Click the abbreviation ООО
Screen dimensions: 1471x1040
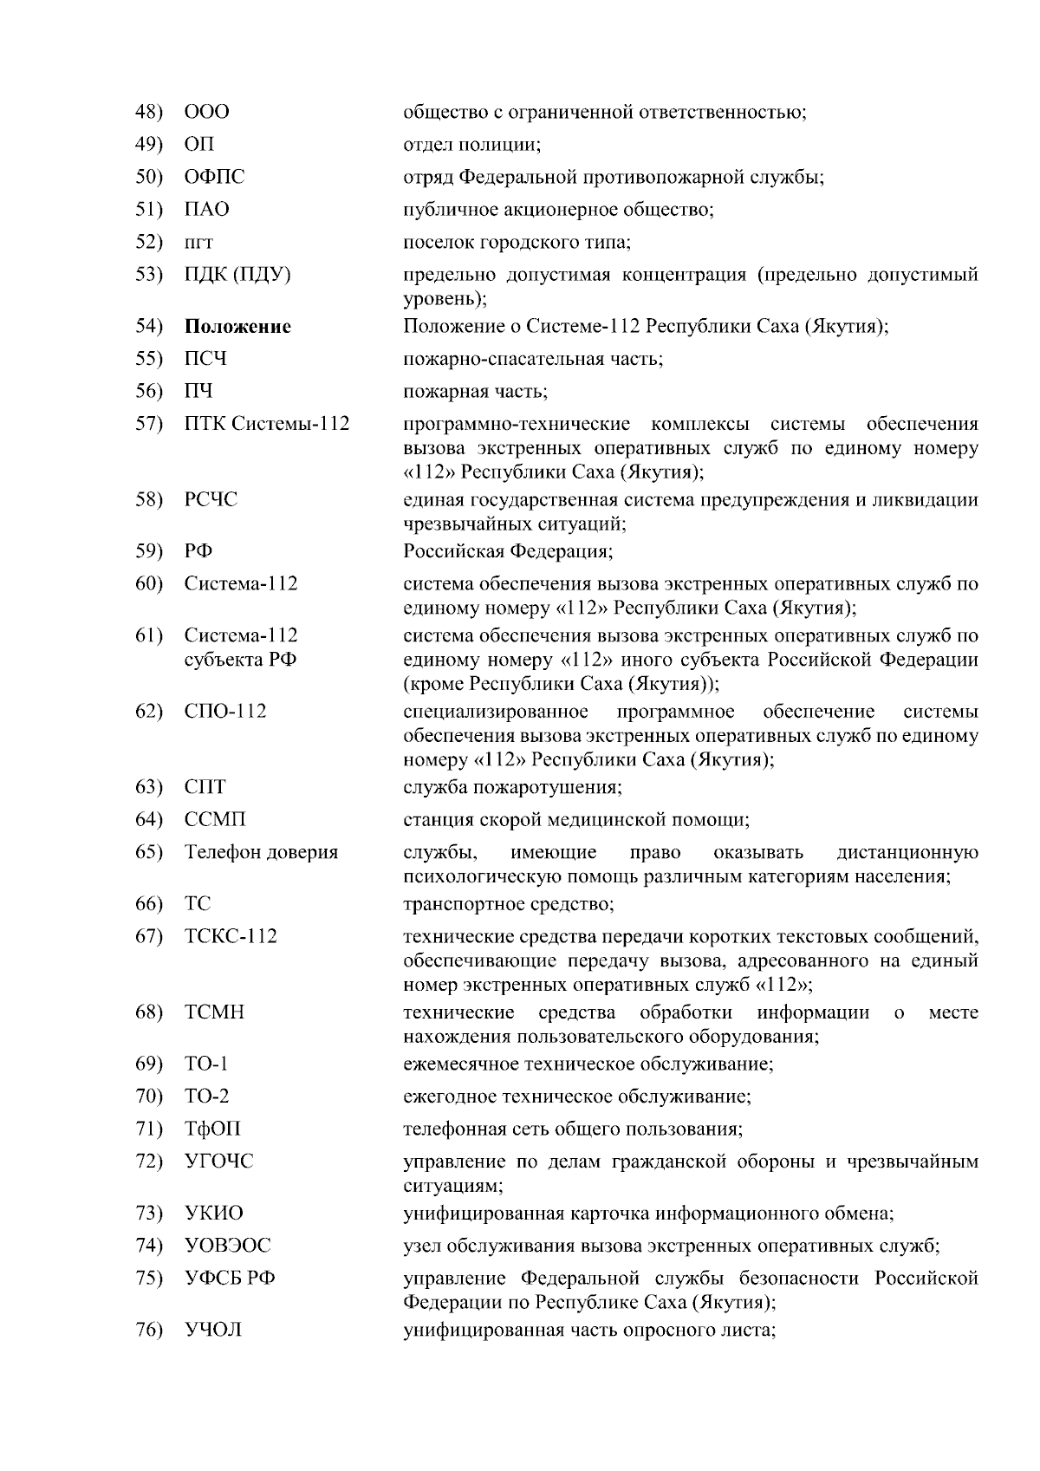[207, 112]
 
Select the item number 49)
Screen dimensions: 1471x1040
[149, 144]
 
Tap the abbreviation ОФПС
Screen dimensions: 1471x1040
[214, 177]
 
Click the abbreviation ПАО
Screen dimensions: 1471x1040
[207, 210]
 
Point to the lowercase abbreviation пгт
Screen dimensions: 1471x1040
[198, 243]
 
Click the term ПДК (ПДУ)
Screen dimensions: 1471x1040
[237, 275]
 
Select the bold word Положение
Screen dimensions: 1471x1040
[237, 327]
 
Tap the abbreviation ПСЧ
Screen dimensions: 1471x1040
[205, 359]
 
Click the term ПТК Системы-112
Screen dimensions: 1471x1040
[267, 424]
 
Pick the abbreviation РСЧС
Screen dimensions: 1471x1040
[211, 500]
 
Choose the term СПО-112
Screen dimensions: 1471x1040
[225, 712]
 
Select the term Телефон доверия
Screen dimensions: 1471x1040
[261, 852]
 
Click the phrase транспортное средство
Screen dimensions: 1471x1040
[509, 904]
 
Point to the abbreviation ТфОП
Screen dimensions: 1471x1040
[212, 1129]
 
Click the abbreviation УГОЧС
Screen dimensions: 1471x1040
[219, 1162]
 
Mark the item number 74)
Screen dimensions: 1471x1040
[149, 1246]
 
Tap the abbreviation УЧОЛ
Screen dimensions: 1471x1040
[213, 1330]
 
